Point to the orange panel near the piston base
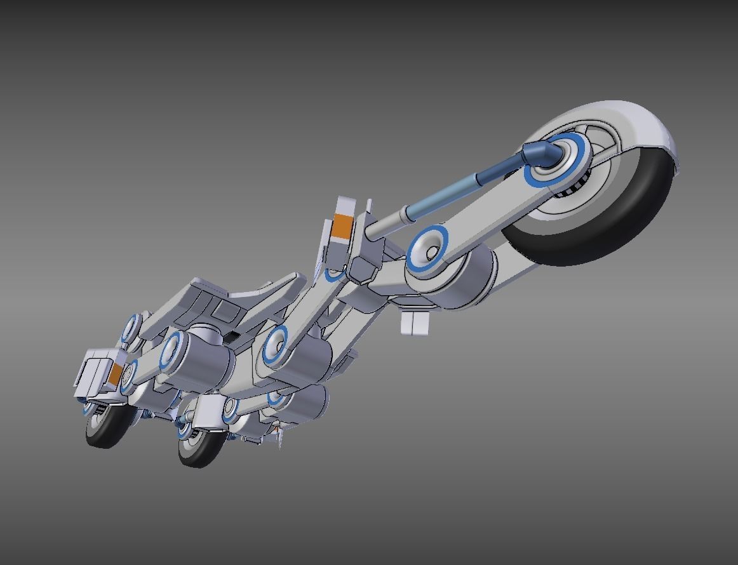342,227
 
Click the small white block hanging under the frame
416,322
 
